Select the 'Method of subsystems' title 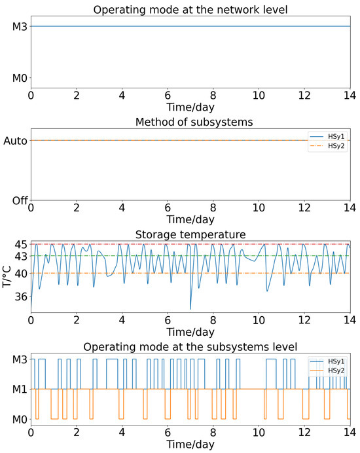(190, 122)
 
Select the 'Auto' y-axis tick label (16, 140)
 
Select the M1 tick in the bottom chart (17, 390)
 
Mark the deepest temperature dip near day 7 (190, 308)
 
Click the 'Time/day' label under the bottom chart (190, 444)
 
